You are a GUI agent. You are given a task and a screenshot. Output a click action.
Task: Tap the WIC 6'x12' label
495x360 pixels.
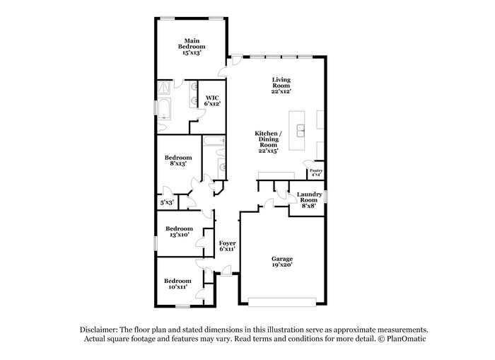(x=212, y=100)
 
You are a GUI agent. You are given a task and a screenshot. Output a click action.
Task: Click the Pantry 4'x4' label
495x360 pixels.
(x=315, y=172)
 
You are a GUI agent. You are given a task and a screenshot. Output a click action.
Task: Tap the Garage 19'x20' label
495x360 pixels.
(x=281, y=262)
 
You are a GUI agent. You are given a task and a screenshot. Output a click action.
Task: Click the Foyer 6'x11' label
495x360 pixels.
(x=227, y=245)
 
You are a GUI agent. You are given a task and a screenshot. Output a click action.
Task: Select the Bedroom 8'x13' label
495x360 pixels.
(x=178, y=161)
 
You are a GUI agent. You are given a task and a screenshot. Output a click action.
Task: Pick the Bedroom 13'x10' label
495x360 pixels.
(x=179, y=231)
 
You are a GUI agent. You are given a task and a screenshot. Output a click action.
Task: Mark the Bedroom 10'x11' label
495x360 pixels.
(x=178, y=284)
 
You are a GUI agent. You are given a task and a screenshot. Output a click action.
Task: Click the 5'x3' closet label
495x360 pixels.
(x=167, y=202)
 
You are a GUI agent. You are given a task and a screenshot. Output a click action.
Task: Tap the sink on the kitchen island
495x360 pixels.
(x=301, y=130)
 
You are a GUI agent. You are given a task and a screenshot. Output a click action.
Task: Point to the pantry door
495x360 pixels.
(x=310, y=164)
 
